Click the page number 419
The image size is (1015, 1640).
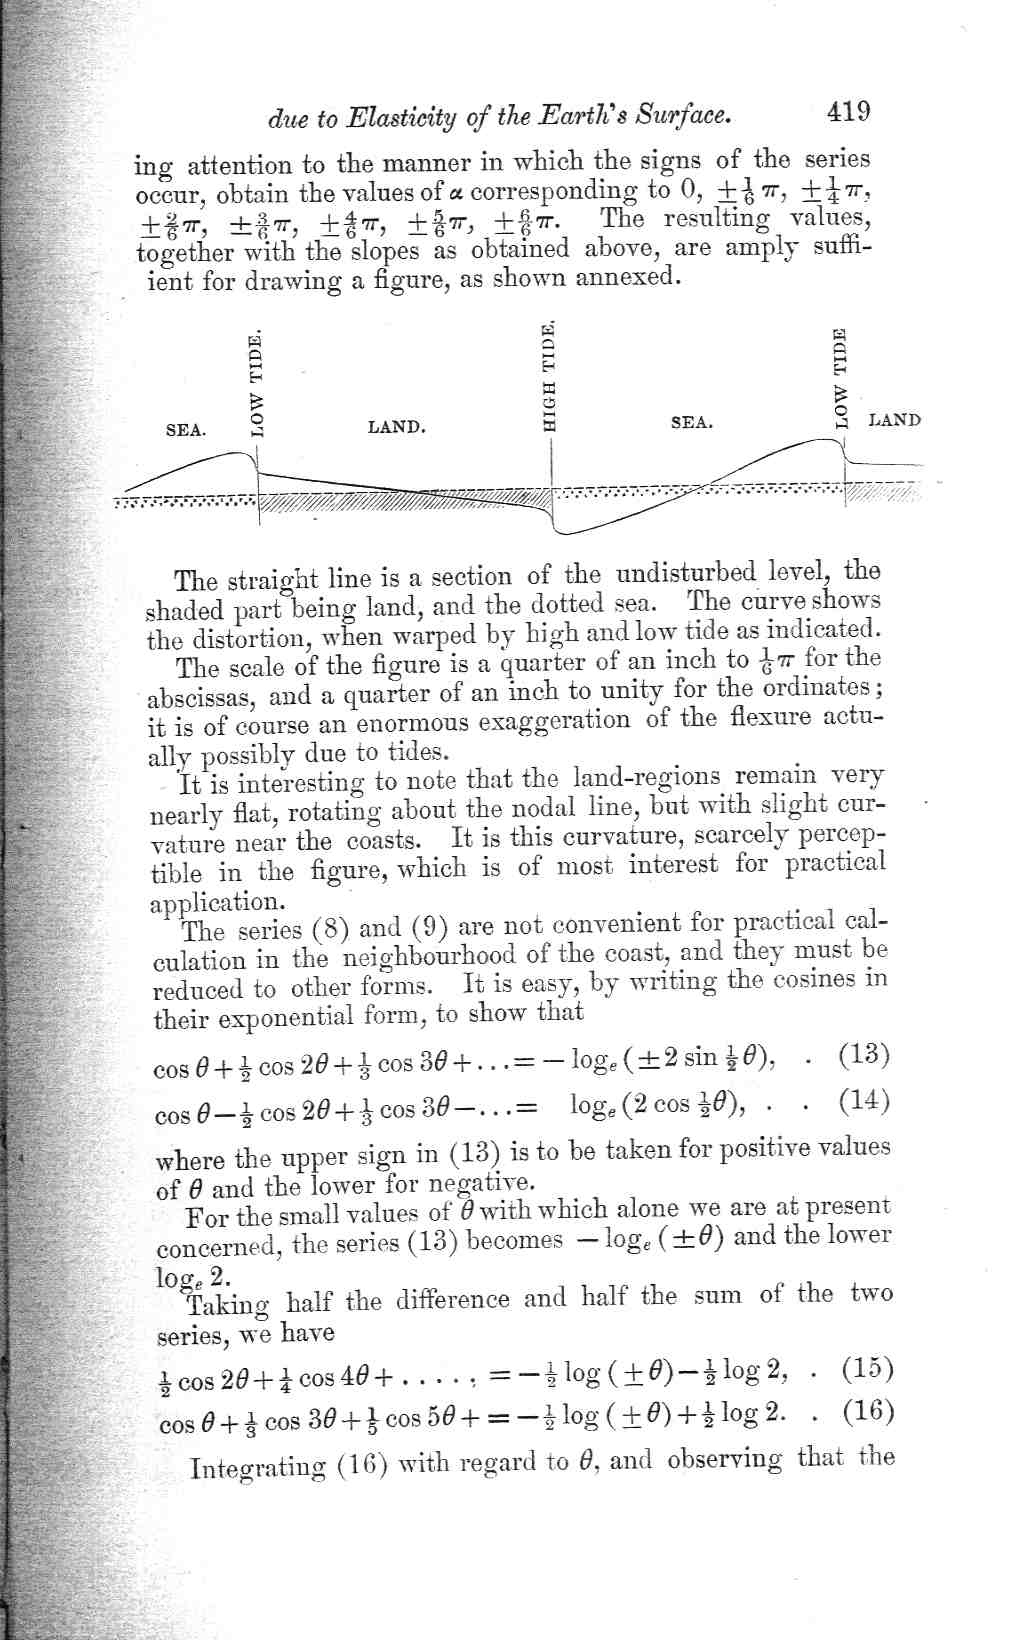pos(847,110)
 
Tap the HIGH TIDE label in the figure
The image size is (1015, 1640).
pos(548,376)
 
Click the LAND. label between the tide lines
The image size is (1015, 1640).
pos(397,428)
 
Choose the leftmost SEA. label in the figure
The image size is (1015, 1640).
pos(186,430)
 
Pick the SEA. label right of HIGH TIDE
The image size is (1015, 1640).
pos(691,423)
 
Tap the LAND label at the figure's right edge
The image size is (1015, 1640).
pos(894,420)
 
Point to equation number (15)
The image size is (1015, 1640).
pos(867,1368)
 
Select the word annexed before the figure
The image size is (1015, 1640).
pos(628,277)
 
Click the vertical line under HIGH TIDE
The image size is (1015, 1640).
pos(552,480)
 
